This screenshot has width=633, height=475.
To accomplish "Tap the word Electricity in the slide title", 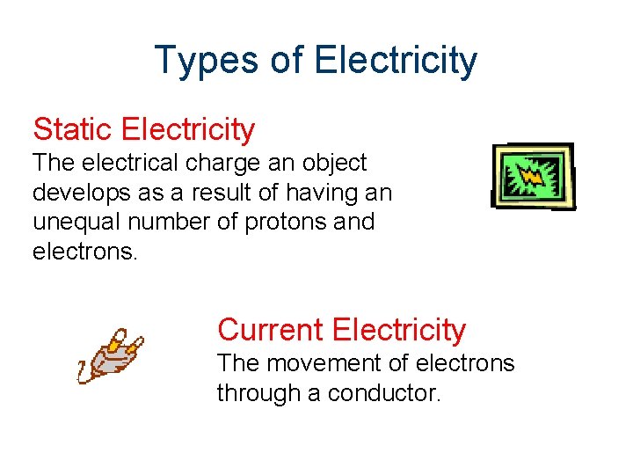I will [395, 61].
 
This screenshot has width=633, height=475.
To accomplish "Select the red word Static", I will [74, 129].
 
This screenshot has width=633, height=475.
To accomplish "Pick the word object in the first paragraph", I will [335, 164].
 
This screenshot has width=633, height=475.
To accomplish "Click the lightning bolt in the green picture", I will [534, 174].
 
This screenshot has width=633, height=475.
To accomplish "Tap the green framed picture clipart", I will [533, 176].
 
